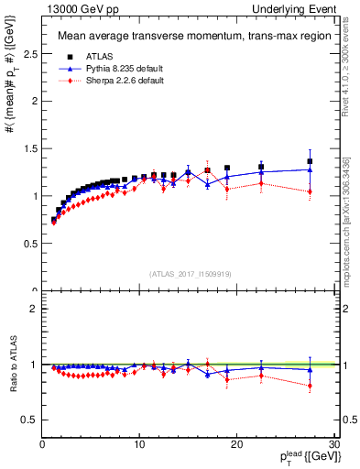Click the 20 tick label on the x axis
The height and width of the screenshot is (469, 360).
pos(236,444)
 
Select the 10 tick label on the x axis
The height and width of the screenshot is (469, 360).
pos(139,444)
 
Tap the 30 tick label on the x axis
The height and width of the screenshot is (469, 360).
pos(333,444)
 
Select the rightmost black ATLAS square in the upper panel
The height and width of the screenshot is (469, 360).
pos(310,161)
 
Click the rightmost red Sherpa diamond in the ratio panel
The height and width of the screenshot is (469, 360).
pos(310,386)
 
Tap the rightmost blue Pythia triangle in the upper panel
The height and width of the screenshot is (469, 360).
pos(310,169)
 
